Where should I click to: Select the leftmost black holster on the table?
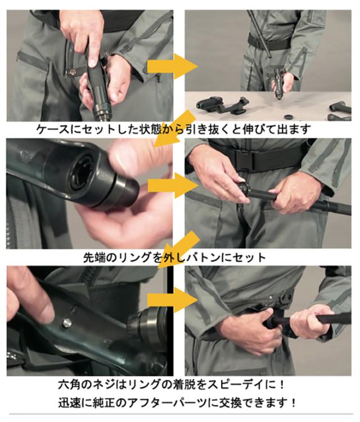click(x=207, y=104)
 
